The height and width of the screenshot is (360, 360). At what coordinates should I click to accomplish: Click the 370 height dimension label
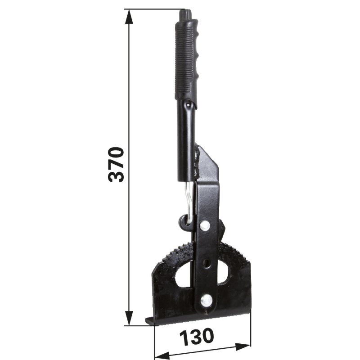click(x=116, y=164)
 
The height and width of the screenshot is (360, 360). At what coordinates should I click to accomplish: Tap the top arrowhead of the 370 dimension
click(x=129, y=17)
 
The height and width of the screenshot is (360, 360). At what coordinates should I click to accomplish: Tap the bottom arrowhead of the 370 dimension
click(x=129, y=318)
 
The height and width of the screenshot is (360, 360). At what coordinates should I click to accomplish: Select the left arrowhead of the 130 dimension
click(x=162, y=355)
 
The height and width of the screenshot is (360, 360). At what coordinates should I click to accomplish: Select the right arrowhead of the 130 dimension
click(x=243, y=346)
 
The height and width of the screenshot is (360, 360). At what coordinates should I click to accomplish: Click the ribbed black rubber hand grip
click(x=187, y=60)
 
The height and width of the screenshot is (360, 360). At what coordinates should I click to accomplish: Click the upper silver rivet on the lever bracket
click(x=205, y=225)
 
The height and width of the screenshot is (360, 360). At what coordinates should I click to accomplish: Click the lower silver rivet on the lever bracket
click(x=206, y=300)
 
